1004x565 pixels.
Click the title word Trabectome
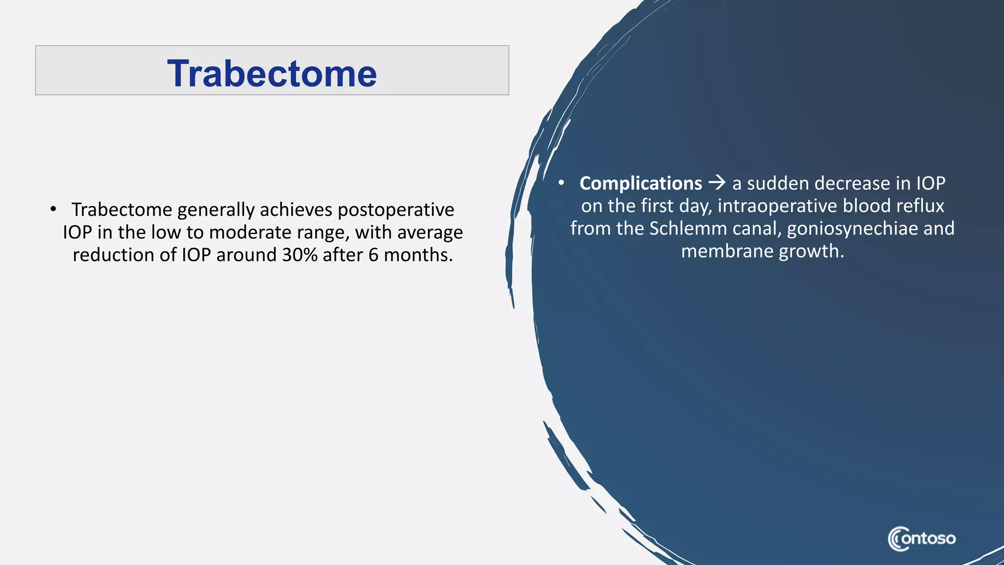tap(272, 74)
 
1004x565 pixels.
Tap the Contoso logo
tap(922, 539)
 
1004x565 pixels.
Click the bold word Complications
tap(641, 183)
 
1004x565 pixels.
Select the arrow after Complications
tap(717, 183)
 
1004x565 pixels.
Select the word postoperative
tap(396, 210)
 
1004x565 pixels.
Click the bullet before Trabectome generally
tap(53, 209)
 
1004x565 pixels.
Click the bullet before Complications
tap(562, 183)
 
